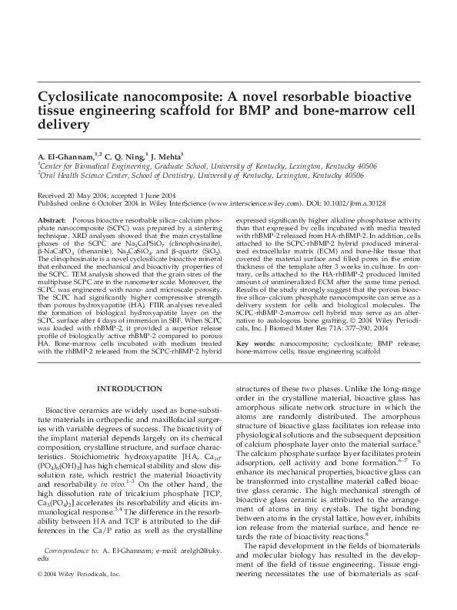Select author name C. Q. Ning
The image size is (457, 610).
click(122, 156)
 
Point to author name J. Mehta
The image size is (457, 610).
click(167, 156)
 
